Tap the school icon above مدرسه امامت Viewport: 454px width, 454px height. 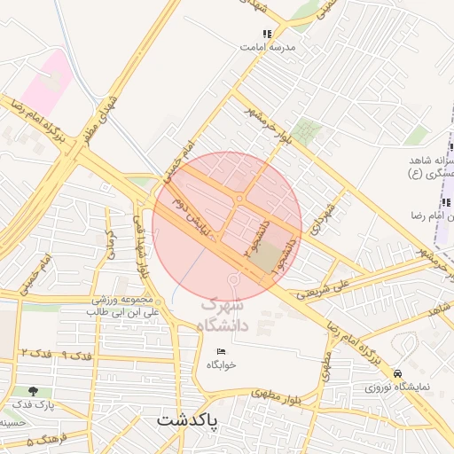[x=268, y=34]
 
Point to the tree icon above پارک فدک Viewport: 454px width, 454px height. [x=34, y=390]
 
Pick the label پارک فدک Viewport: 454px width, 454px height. [x=35, y=404]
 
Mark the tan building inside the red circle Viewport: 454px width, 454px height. [x=266, y=257]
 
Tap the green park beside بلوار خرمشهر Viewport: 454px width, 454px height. [x=307, y=131]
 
